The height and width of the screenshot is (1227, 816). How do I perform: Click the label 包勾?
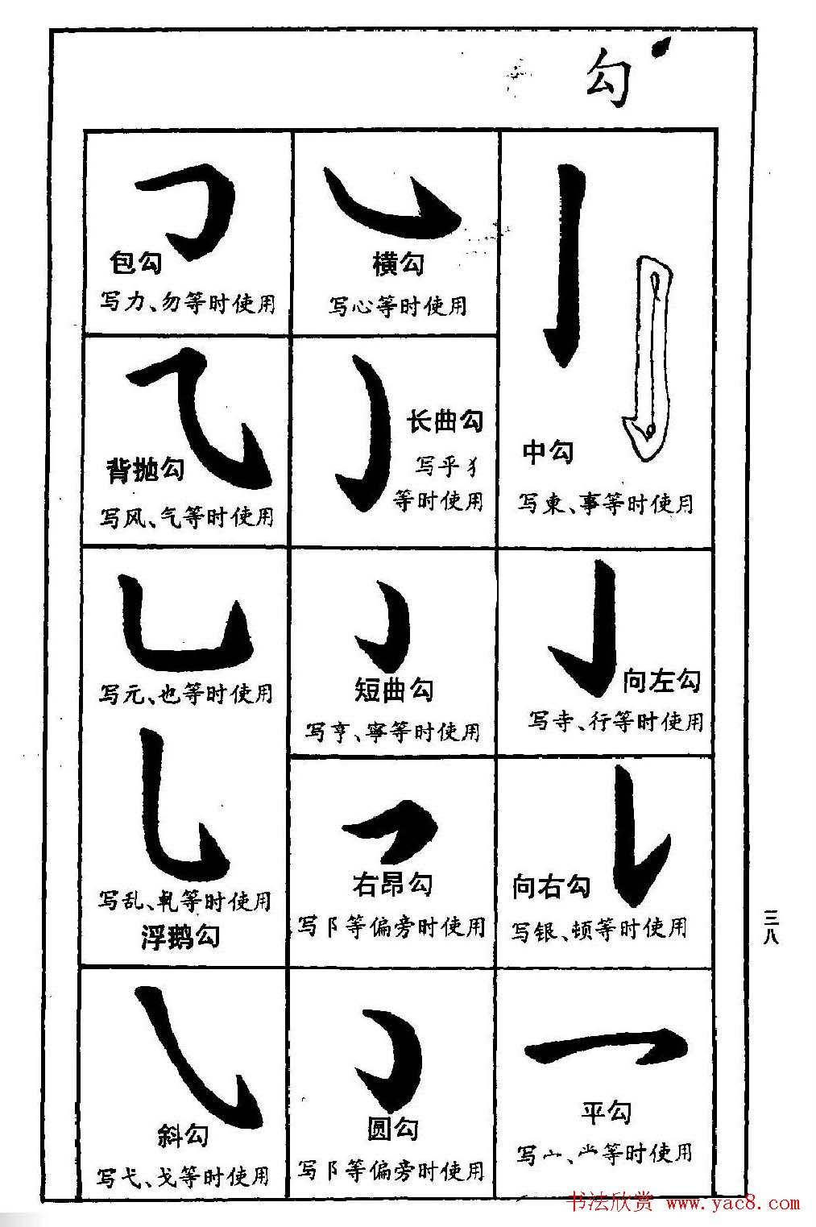pyautogui.click(x=135, y=262)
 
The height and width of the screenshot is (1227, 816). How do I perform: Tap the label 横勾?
pyautogui.click(x=398, y=263)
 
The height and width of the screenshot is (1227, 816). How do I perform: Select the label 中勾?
pyautogui.click(x=548, y=452)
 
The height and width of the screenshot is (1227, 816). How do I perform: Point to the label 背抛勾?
pyautogui.click(x=146, y=470)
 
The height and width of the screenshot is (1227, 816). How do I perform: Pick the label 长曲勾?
pyautogui.click(x=445, y=421)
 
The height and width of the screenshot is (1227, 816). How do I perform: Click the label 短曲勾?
pyautogui.click(x=394, y=690)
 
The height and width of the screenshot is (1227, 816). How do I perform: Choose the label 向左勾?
pyautogui.click(x=661, y=681)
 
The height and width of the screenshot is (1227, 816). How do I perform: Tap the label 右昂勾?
pyautogui.click(x=392, y=884)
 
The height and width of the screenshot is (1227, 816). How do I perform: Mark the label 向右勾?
pyautogui.click(x=551, y=886)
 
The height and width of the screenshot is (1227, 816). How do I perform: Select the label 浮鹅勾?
pyautogui.click(x=180, y=936)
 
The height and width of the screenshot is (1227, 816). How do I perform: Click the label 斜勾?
pyautogui.click(x=183, y=1135)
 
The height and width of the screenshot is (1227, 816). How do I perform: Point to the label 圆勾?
pyautogui.click(x=393, y=1129)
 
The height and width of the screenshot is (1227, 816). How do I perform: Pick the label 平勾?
pyautogui.click(x=606, y=1113)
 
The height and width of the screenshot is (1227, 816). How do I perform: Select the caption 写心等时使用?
pyautogui.click(x=397, y=306)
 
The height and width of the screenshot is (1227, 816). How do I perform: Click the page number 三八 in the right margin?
pyautogui.click(x=772, y=926)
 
